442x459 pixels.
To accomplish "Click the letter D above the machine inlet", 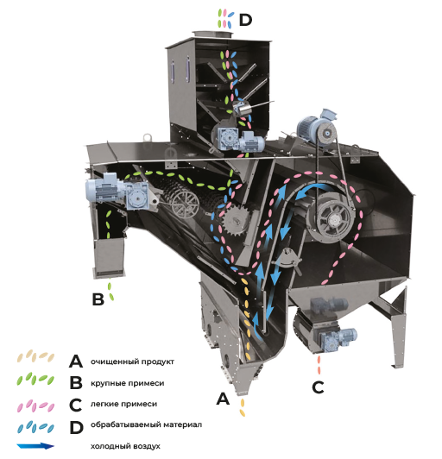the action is [x=245, y=20].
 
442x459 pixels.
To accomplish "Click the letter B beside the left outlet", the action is [x=98, y=299].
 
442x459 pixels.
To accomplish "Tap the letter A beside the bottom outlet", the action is [x=223, y=399].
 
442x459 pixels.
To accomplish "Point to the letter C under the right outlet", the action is [x=318, y=387].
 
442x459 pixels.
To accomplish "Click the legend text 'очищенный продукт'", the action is [x=132, y=362].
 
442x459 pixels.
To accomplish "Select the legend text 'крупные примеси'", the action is [x=127, y=383].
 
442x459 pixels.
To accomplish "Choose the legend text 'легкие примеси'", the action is [x=123, y=404].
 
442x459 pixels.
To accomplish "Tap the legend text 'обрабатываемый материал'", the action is [x=146, y=424].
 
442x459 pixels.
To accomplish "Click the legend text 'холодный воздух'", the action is [x=125, y=446].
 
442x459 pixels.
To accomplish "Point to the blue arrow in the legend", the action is [x=35, y=446].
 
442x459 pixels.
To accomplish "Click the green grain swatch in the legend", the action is [x=35, y=379].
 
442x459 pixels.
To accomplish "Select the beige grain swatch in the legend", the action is [x=35, y=356].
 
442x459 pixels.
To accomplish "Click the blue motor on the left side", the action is [x=117, y=192].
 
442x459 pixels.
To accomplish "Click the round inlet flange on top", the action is [x=212, y=35].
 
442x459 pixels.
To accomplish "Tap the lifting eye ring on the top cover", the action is [x=148, y=137].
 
